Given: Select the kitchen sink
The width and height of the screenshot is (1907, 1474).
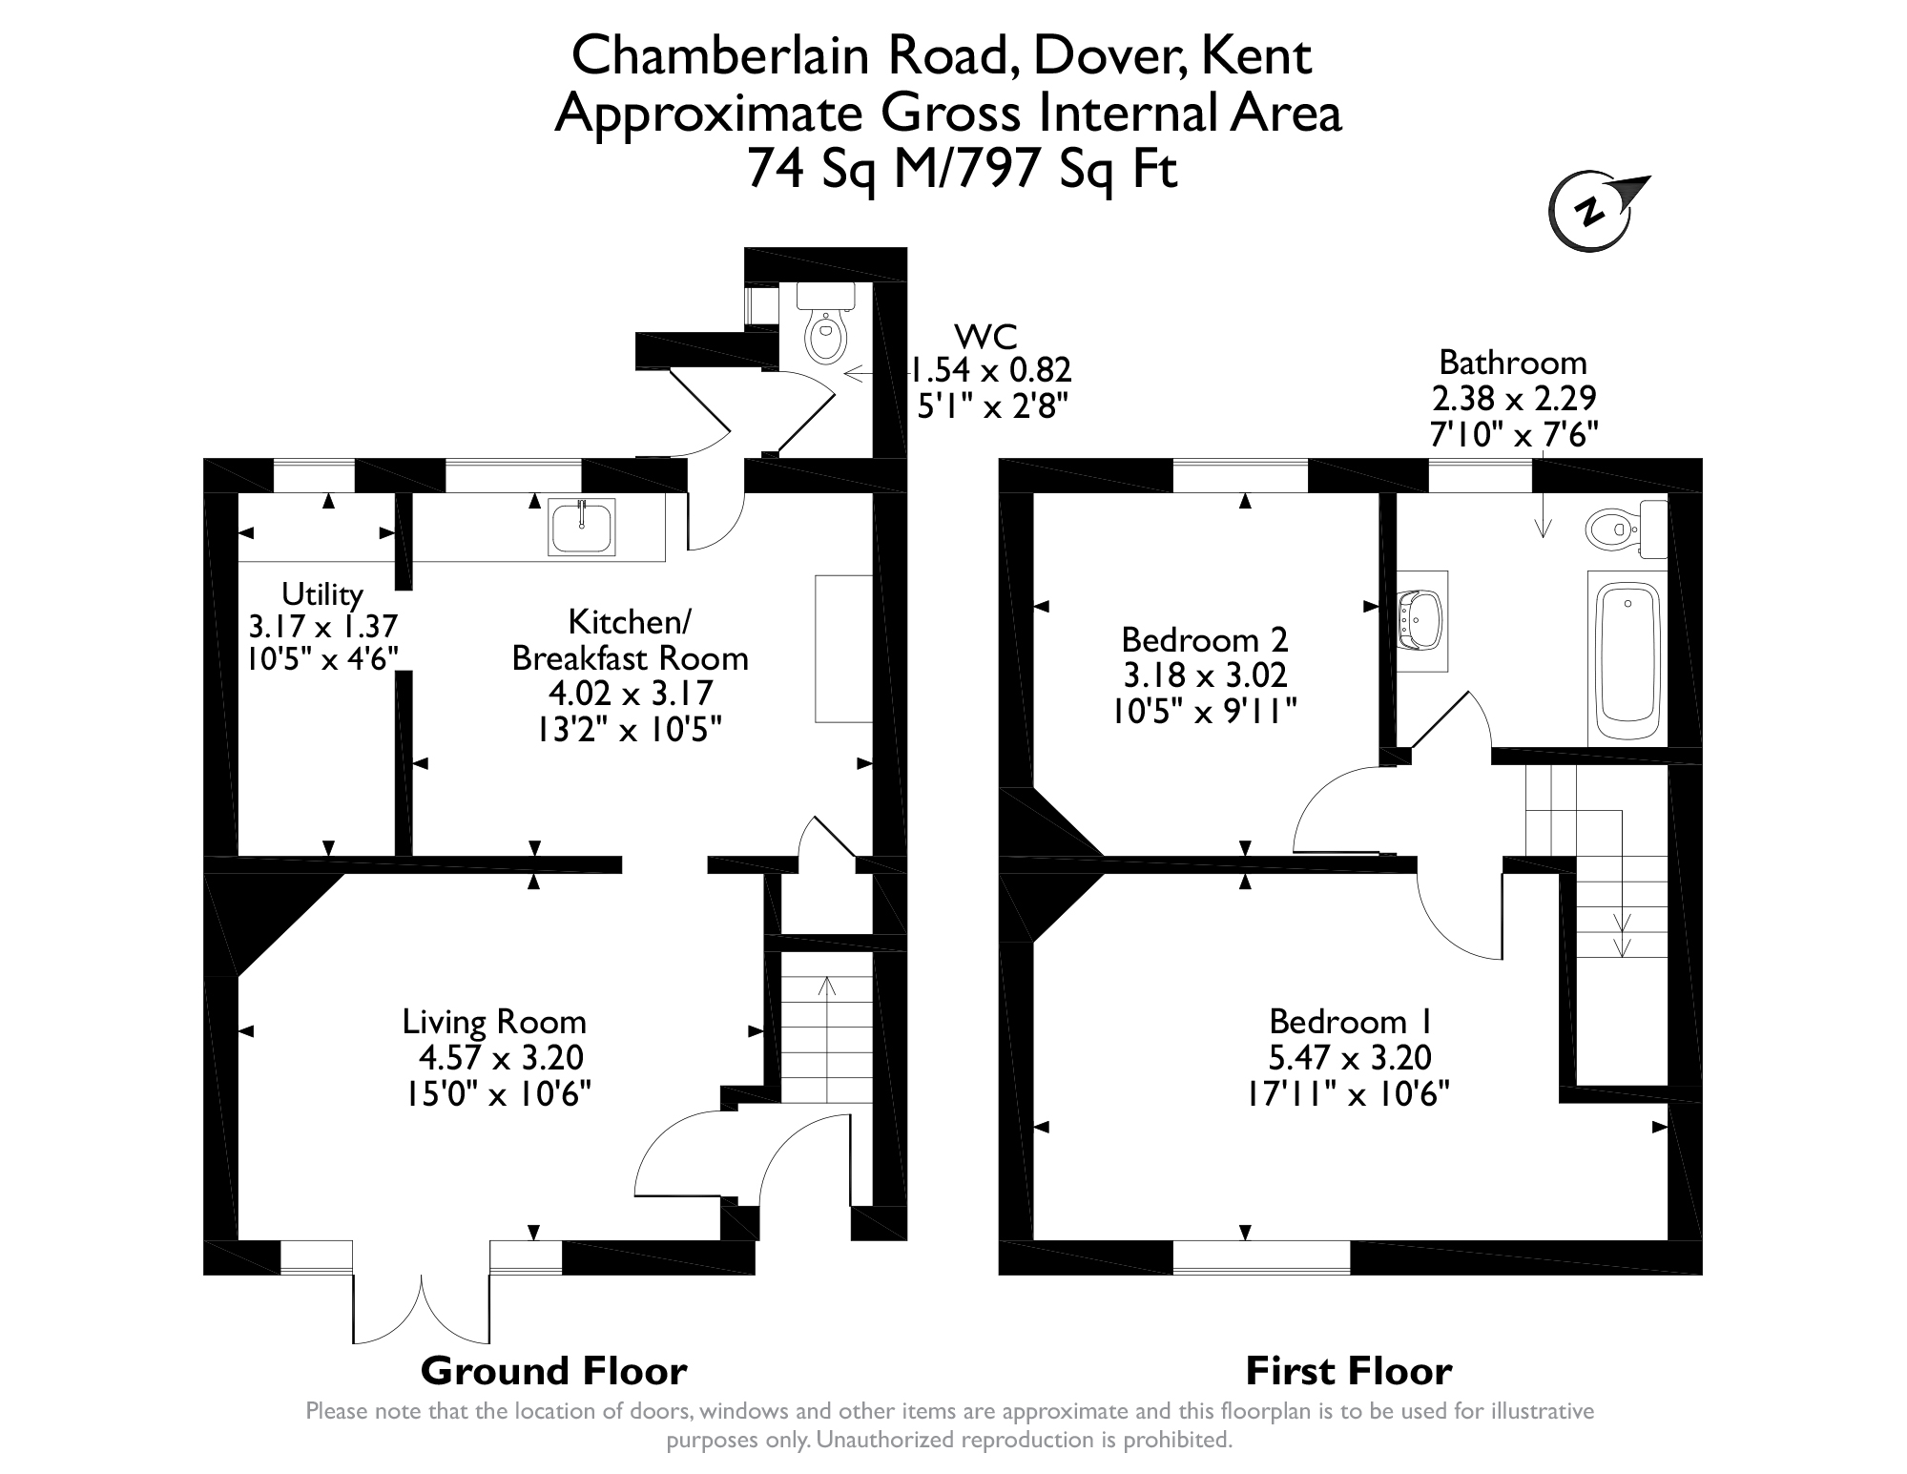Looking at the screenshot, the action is (x=581, y=527).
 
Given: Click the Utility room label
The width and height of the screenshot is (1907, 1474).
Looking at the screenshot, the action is (x=322, y=594).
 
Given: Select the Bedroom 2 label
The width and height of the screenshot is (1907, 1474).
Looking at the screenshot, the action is (x=1205, y=638).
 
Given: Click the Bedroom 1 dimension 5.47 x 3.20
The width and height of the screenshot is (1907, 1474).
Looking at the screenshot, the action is (x=1349, y=1058).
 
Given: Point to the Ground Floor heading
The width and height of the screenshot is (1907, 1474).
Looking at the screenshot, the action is (x=553, y=1371).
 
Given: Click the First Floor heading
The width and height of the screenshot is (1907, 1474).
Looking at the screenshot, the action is (x=1349, y=1371).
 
